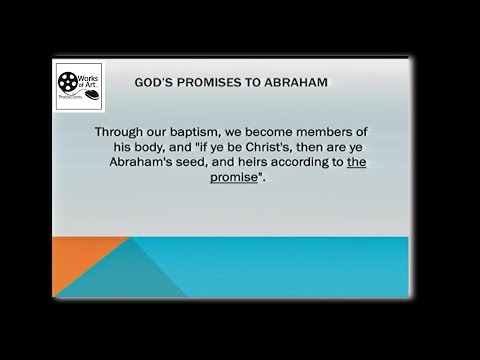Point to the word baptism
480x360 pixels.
click(229, 132)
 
